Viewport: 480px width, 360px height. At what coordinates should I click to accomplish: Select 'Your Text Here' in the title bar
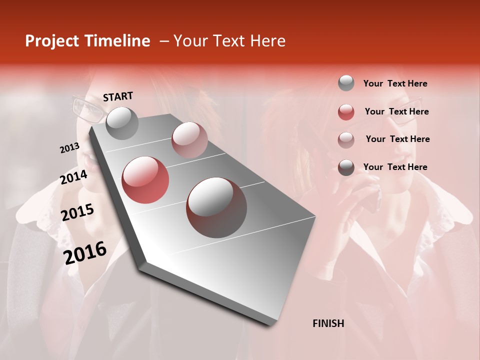229,41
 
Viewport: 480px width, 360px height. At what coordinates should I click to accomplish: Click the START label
118,96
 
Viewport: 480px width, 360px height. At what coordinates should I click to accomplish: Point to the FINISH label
328,323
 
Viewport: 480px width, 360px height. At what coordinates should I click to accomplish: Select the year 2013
69,148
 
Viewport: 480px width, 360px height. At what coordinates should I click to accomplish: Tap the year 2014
74,177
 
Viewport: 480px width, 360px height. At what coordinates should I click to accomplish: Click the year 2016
85,253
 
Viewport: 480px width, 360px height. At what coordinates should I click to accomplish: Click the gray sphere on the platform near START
122,123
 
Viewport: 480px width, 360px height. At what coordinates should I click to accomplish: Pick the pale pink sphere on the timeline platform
189,139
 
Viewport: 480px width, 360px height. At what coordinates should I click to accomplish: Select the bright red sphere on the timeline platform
145,179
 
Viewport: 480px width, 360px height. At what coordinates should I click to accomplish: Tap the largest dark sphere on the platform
216,207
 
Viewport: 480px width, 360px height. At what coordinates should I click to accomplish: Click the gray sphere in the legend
346,83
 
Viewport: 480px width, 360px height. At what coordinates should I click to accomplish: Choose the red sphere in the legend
346,112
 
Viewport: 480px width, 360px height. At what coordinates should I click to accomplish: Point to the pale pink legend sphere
346,139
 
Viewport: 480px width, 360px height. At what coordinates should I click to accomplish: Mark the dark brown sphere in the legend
346,167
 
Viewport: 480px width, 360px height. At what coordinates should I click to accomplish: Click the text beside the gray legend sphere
395,83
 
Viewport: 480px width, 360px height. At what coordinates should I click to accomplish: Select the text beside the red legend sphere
396,111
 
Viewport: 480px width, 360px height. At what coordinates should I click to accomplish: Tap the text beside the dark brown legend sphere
395,167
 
